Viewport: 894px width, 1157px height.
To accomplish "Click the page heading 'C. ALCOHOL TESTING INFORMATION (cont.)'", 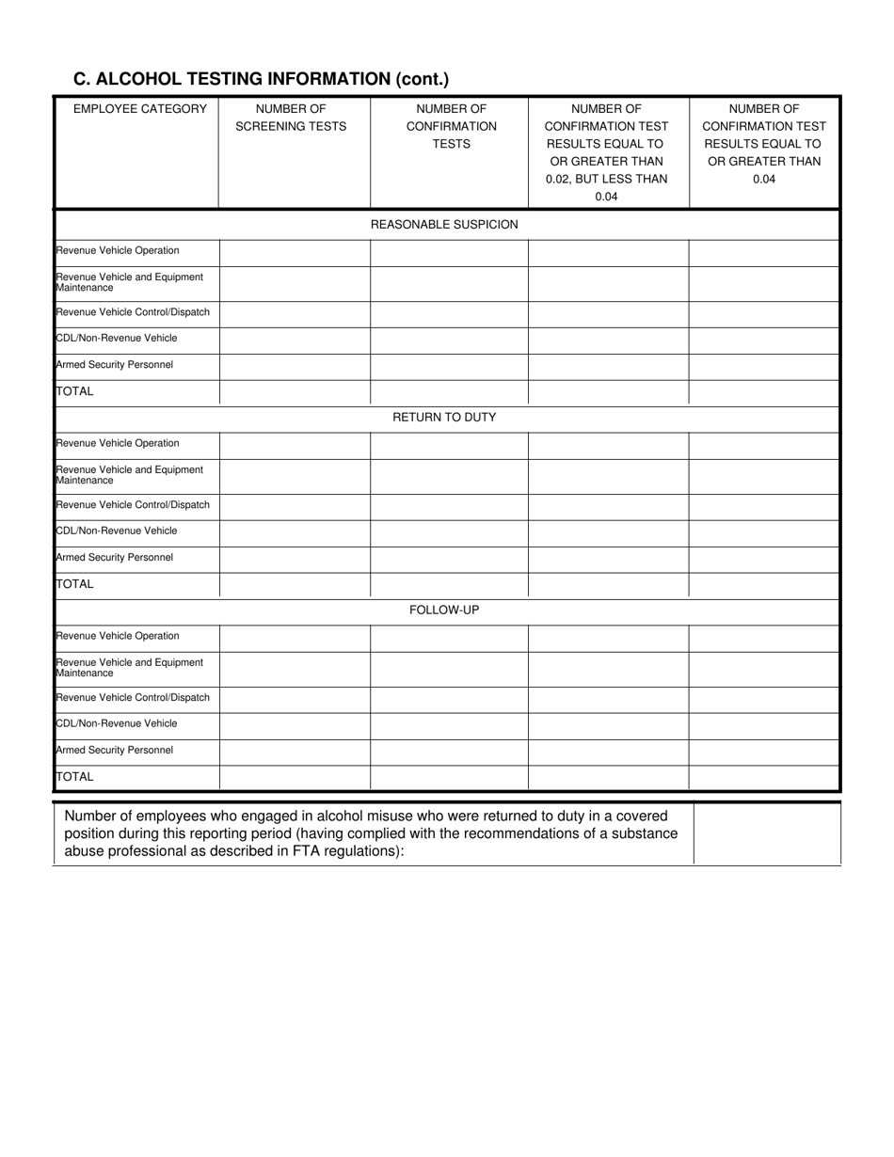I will tap(261, 79).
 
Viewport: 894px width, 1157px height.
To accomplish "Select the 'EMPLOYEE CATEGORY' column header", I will tap(139, 109).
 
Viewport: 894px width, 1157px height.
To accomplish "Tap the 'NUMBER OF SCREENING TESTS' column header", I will tap(291, 118).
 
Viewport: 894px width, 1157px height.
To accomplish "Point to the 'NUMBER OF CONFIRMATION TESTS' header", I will tap(451, 126).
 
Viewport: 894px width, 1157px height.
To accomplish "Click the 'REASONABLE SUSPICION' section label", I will tap(444, 225).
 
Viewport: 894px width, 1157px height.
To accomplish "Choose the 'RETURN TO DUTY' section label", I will tap(444, 418).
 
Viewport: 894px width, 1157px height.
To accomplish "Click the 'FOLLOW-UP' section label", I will tap(444, 610).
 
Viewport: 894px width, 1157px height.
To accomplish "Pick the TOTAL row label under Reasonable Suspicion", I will tap(75, 391).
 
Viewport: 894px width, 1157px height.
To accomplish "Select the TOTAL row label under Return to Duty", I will tap(75, 584).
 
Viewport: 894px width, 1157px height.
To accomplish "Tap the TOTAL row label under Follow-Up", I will tap(75, 777).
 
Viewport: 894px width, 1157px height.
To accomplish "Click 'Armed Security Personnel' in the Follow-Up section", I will tap(115, 751).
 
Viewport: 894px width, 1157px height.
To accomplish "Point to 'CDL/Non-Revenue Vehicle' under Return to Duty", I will tap(117, 531).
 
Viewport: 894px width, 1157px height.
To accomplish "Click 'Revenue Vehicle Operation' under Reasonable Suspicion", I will tap(118, 251).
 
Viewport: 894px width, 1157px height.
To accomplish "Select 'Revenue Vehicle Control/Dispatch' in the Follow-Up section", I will tap(133, 698).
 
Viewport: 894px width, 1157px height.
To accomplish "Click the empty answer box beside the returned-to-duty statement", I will tap(766, 832).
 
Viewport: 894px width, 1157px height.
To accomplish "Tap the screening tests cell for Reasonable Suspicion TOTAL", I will tap(295, 392).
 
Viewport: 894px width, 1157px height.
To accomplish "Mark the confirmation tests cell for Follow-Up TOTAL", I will tap(449, 778).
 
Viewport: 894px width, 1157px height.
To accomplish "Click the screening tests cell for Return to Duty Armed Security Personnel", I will tap(295, 558).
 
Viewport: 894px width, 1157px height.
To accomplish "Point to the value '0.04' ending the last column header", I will tap(764, 180).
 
